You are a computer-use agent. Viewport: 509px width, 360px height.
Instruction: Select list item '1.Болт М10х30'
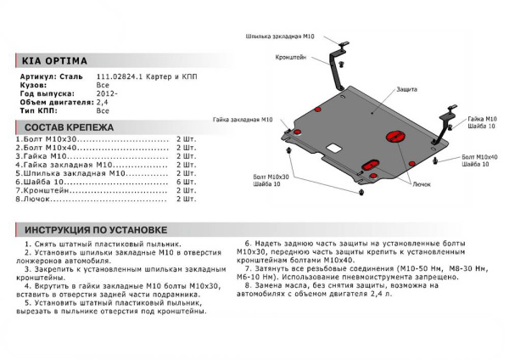[x=45, y=137]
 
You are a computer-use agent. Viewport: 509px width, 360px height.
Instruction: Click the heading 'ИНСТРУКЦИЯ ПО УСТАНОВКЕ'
[x=95, y=230]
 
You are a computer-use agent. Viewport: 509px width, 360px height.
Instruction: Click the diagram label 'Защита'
[x=406, y=89]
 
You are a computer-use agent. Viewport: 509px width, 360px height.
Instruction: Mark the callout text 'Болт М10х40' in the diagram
[x=479, y=157]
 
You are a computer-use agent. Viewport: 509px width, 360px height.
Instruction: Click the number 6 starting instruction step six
[x=247, y=243]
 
